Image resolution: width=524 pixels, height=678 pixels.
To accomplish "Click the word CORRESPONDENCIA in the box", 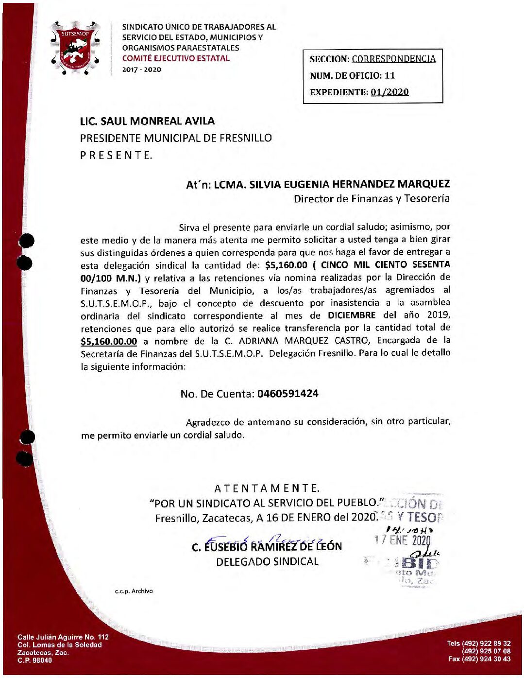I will coord(393,59).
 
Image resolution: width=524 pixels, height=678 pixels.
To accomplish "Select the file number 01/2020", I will coord(389,92).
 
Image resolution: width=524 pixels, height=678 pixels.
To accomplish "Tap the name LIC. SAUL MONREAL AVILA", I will coord(147,121).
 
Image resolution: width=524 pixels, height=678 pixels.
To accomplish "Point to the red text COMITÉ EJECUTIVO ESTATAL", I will coord(176,58).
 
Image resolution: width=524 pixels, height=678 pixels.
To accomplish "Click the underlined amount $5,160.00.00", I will coord(109,342).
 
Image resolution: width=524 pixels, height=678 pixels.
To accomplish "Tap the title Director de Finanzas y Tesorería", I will coord(372,198).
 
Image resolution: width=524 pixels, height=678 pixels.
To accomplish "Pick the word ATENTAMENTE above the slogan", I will coord(267,488).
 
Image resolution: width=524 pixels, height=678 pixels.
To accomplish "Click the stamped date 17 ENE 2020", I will coord(403,539).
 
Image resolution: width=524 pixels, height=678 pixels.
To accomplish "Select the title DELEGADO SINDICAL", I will coord(267,562).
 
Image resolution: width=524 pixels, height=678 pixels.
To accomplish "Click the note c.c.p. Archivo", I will coord(134,591).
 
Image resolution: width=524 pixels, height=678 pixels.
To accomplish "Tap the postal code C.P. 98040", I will coord(34,661).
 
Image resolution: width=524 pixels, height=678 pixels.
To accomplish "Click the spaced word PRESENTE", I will coord(116,156).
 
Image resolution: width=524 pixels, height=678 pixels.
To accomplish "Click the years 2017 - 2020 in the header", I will coord(141,70).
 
